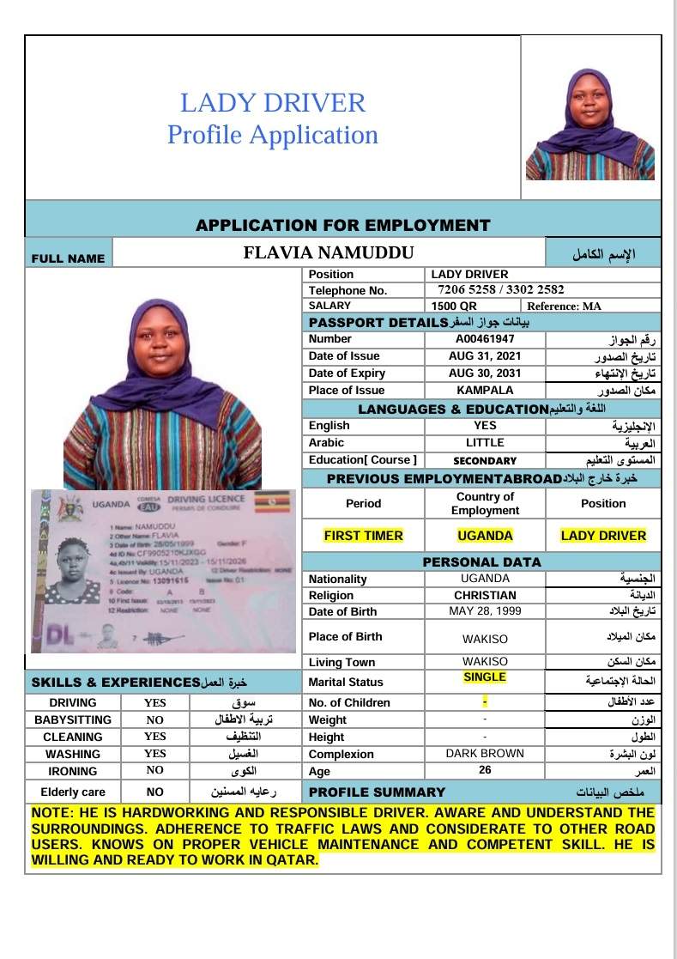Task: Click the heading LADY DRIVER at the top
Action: point(273,103)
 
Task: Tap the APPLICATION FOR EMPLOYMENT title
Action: point(343,226)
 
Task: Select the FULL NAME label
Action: point(68,258)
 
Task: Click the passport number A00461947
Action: point(485,339)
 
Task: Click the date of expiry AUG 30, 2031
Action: point(485,373)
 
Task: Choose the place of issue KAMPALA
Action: point(485,391)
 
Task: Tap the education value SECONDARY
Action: point(485,460)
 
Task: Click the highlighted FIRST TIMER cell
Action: point(363,536)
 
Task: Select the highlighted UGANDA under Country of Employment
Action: point(485,536)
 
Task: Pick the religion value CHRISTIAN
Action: point(485,595)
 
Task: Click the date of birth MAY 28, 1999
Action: point(485,611)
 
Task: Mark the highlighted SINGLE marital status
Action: point(485,677)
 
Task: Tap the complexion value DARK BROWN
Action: point(485,754)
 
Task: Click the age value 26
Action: point(485,770)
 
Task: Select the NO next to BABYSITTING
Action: point(154,719)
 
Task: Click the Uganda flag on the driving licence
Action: point(278,500)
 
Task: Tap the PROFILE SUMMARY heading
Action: point(377,792)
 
